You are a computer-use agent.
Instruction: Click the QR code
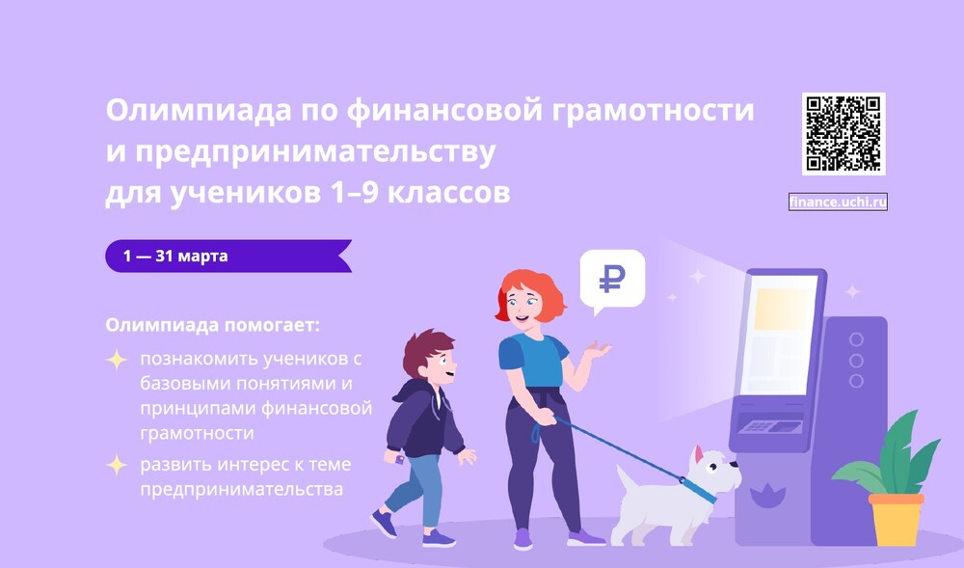[843, 134]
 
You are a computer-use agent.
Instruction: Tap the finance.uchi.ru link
[837, 202]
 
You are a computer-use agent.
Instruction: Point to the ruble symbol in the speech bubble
[612, 279]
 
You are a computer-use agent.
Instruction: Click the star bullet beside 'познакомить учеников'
[117, 361]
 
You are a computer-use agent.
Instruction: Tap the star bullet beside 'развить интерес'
[117, 465]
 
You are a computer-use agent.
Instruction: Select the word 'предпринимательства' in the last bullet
[241, 490]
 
